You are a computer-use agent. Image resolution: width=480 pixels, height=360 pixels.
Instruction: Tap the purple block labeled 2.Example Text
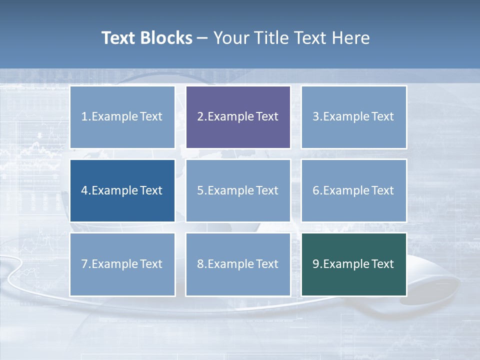(238, 117)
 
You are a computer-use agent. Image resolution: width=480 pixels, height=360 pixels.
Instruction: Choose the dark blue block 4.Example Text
(122, 190)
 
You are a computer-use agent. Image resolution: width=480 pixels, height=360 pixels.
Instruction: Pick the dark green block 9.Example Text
(354, 264)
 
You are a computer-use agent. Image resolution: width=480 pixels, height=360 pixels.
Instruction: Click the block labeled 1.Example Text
(122, 117)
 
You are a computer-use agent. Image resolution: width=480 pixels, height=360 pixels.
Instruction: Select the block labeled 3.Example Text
(354, 117)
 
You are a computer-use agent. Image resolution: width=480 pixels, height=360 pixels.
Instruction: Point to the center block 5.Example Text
(238, 190)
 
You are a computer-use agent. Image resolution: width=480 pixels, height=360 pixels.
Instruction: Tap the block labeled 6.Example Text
(354, 190)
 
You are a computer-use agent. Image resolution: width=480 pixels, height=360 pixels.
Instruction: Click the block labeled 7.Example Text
(122, 264)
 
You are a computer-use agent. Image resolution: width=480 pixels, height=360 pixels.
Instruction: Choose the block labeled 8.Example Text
(238, 264)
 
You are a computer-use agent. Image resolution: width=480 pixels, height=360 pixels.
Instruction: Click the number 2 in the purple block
(200, 117)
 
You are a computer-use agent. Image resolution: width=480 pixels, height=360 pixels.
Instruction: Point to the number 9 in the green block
(316, 264)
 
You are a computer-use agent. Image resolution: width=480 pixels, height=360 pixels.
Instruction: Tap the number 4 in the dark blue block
(84, 190)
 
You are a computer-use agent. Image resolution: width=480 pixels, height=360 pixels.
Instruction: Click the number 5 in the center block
(200, 190)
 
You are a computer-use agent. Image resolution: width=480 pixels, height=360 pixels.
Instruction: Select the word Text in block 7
(151, 264)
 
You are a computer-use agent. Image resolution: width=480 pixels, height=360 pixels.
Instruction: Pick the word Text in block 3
(382, 117)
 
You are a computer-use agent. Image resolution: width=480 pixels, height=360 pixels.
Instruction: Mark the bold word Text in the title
(118, 38)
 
